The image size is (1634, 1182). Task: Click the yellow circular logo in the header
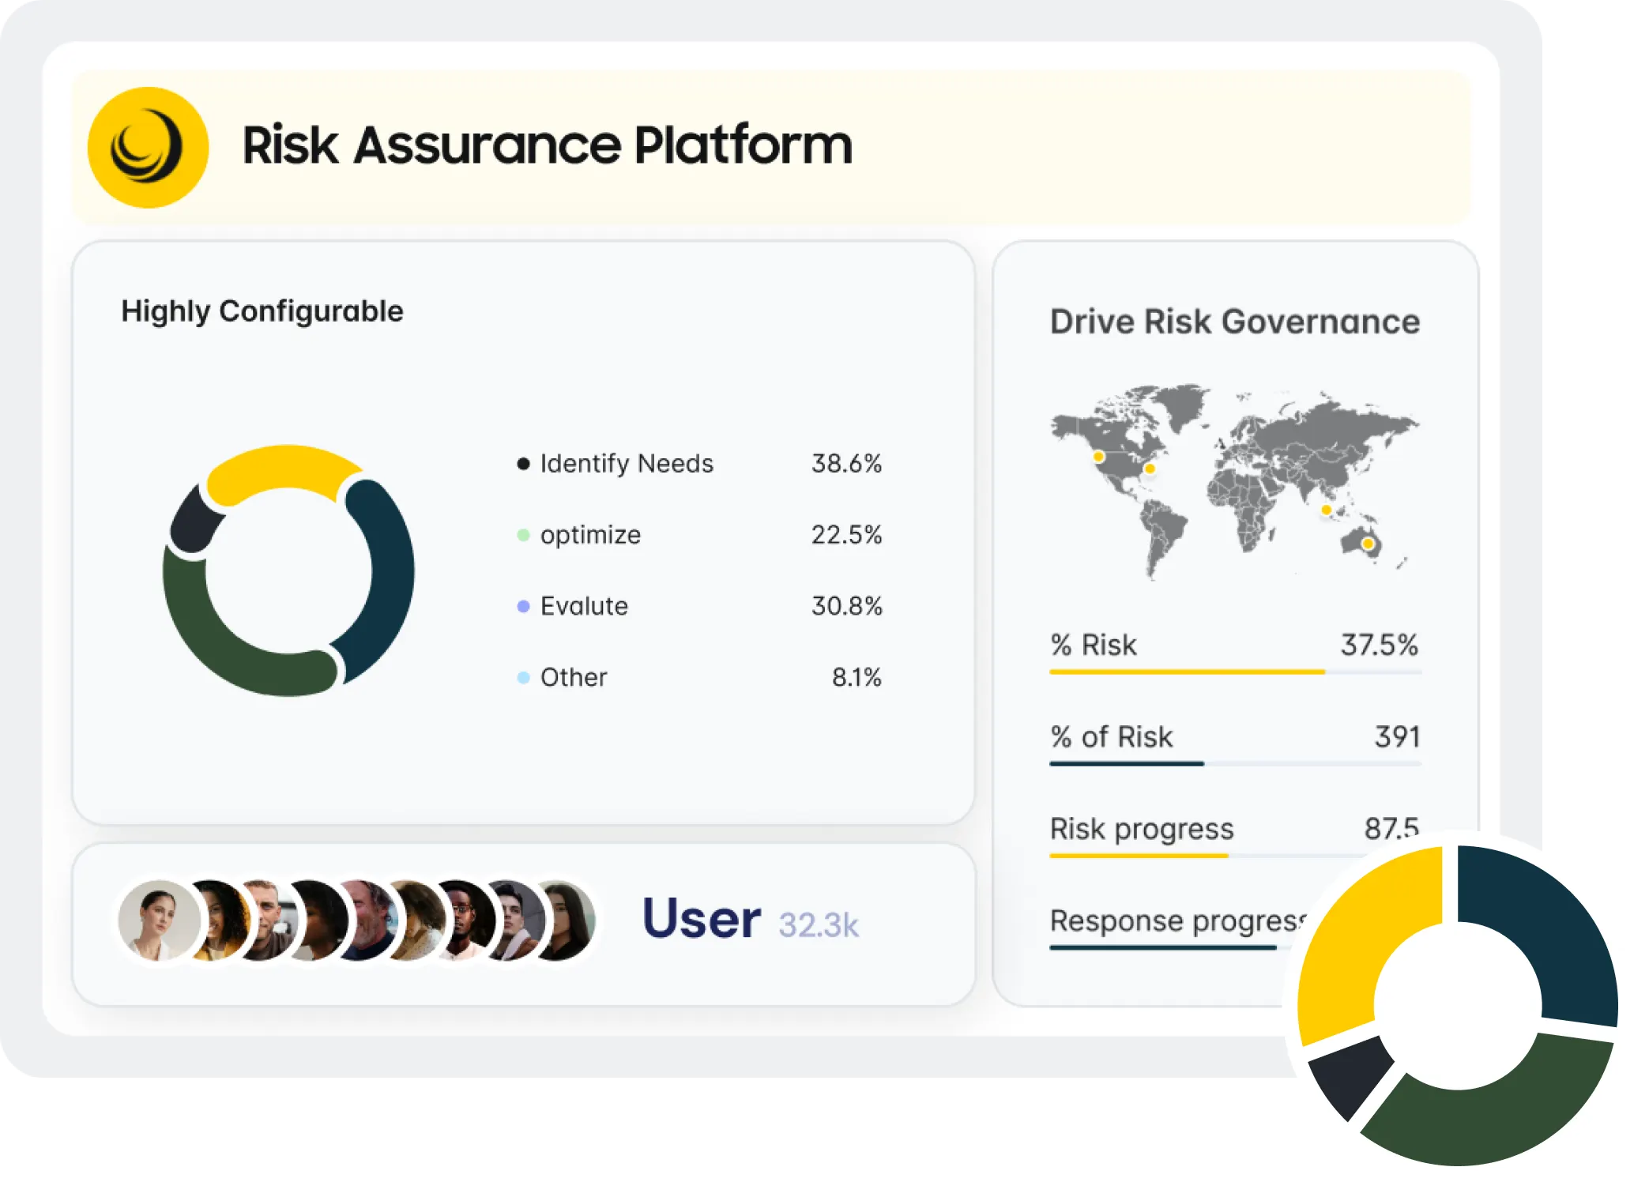click(x=148, y=148)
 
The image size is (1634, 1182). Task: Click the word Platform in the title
click(x=743, y=146)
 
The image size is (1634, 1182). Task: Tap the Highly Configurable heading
click(x=262, y=311)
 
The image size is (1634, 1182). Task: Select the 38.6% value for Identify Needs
click(x=846, y=464)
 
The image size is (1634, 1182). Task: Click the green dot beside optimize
click(x=523, y=535)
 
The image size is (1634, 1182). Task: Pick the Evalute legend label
click(x=584, y=606)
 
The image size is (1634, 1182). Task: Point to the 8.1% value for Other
click(x=857, y=677)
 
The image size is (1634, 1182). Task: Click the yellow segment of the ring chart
click(x=280, y=471)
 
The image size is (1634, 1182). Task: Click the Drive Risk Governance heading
click(x=1235, y=322)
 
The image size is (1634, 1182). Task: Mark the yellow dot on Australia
click(x=1368, y=544)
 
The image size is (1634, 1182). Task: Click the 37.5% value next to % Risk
click(x=1379, y=645)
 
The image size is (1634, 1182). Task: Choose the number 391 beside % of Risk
click(x=1397, y=736)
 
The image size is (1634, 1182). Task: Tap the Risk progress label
click(x=1142, y=829)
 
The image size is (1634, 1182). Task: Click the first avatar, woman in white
click(x=159, y=920)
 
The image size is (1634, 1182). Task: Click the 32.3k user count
click(x=819, y=925)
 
